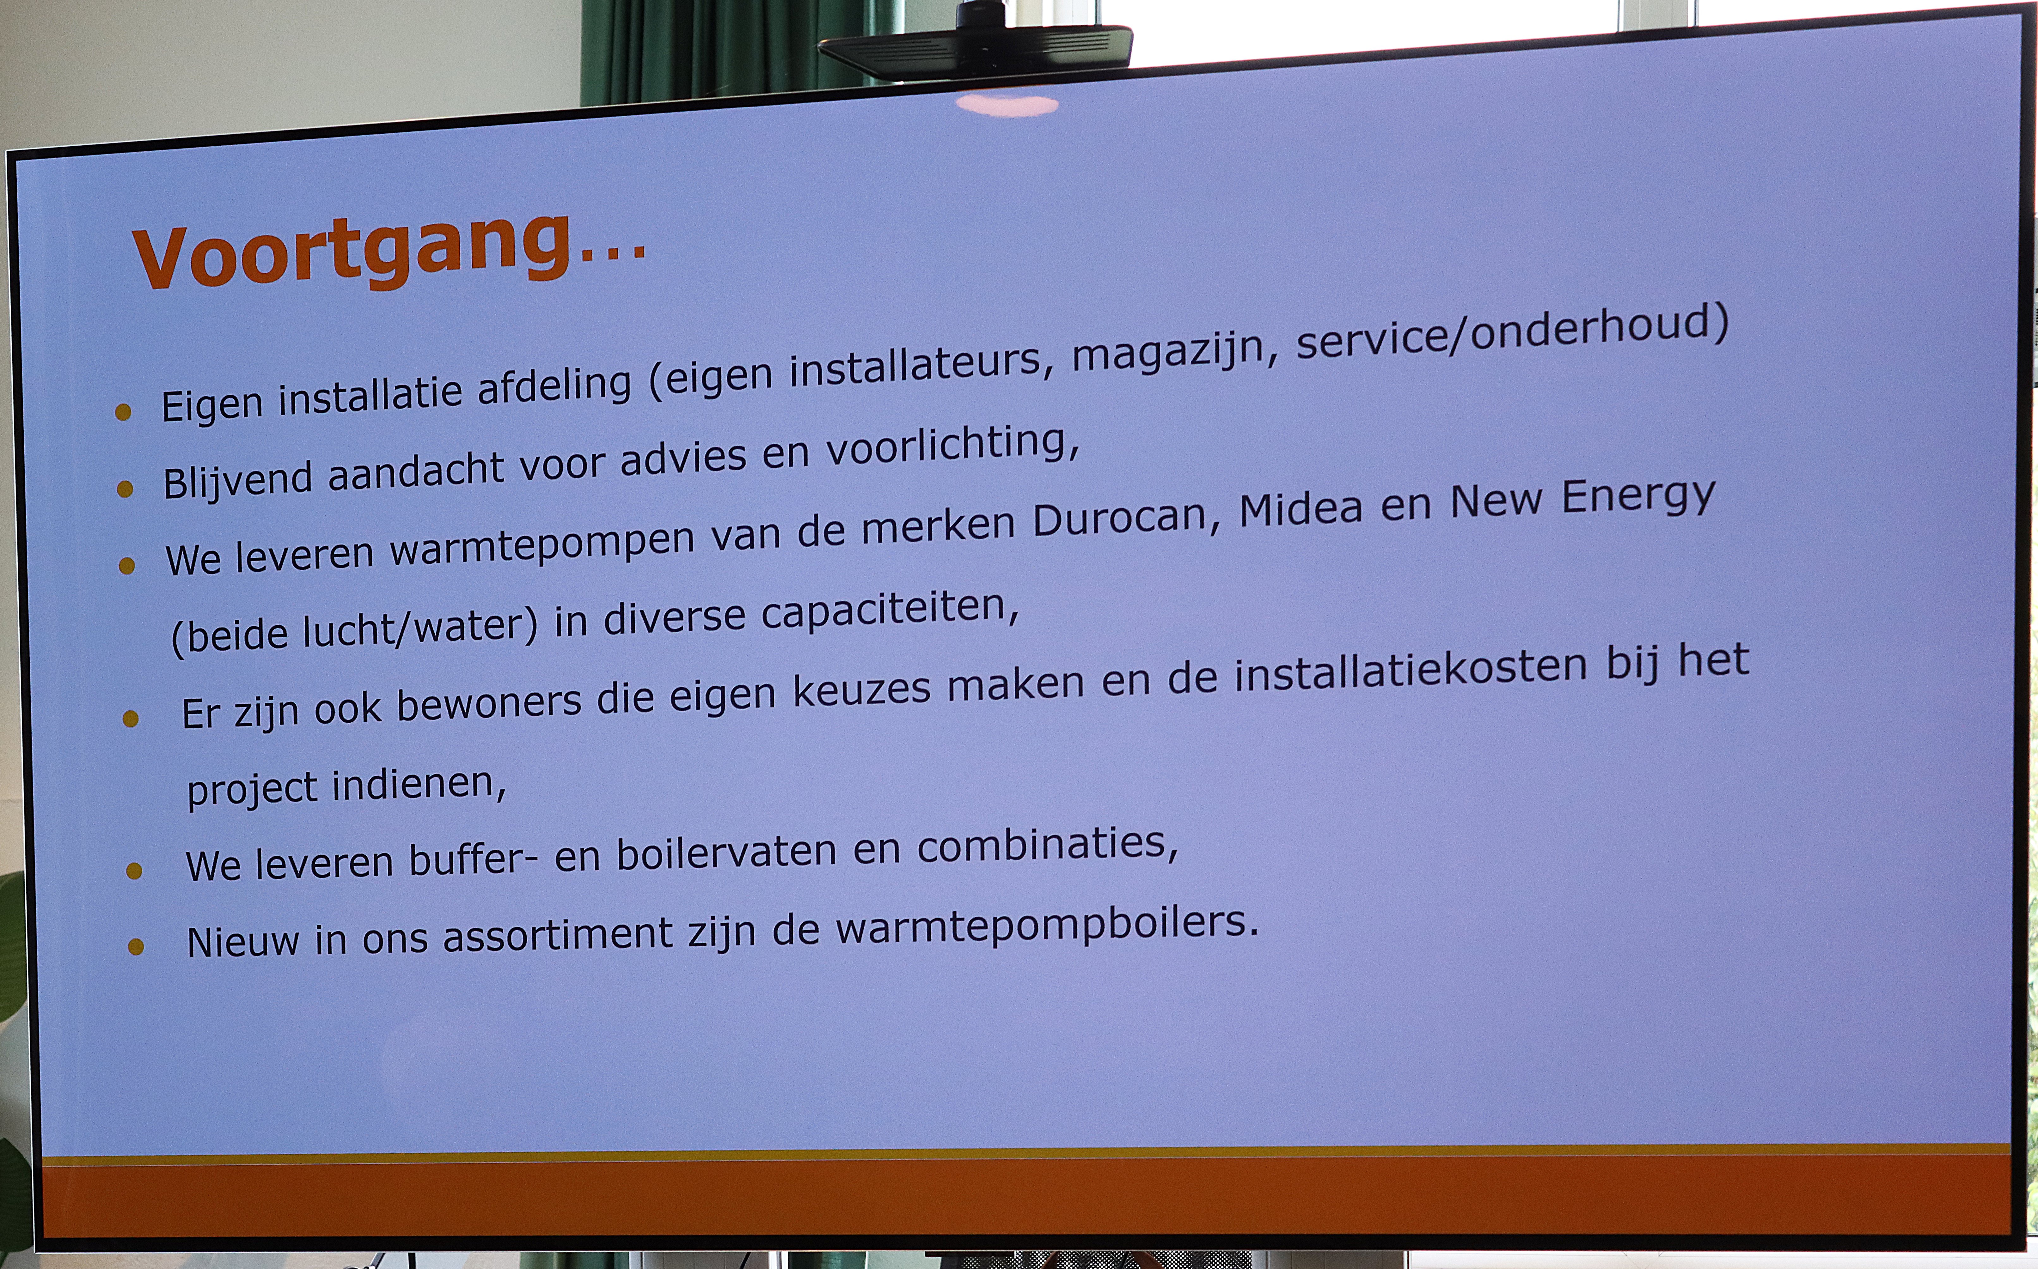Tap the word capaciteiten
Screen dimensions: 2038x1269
tap(890, 611)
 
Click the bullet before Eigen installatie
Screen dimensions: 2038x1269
tap(123, 411)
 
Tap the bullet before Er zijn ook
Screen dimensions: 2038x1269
tap(130, 719)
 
